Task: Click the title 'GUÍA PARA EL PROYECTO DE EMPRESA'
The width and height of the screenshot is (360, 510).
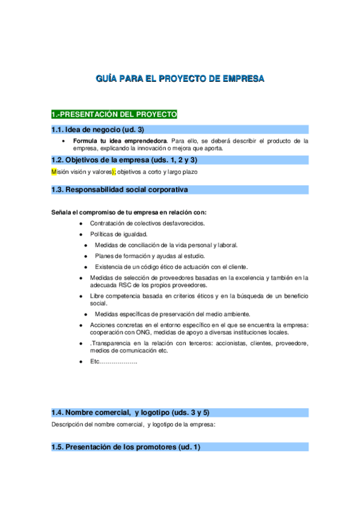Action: pos(180,79)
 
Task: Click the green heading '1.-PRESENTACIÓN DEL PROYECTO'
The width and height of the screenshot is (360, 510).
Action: pos(114,114)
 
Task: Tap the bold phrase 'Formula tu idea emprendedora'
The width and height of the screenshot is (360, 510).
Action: pos(121,141)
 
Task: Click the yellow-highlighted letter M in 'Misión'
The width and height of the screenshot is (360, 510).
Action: pos(54,172)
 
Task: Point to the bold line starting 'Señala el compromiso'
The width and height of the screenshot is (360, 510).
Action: pos(129,212)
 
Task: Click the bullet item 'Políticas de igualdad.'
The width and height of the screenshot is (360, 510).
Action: pos(118,234)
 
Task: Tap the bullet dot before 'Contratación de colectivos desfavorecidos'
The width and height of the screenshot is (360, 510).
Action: pos(81,223)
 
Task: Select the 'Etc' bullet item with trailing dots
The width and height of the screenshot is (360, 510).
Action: pos(114,361)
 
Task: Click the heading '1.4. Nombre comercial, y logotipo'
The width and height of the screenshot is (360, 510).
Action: pos(130,413)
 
